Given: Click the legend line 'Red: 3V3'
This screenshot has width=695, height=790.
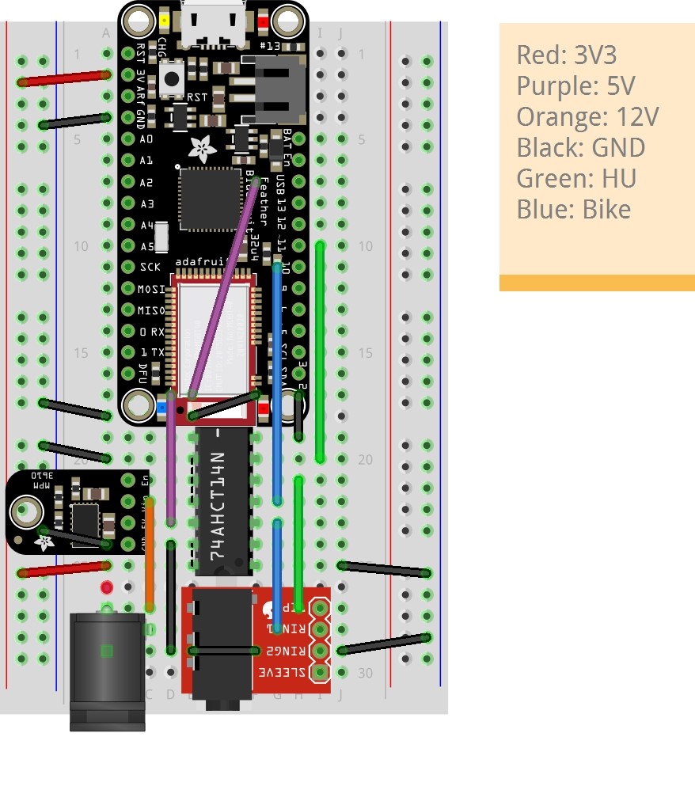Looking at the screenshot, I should [x=566, y=55].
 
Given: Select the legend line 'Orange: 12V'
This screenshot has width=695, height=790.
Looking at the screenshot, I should [x=587, y=116].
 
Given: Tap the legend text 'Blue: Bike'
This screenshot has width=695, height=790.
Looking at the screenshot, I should [x=573, y=209].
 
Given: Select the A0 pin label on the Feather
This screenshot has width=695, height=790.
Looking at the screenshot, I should [x=146, y=139].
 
